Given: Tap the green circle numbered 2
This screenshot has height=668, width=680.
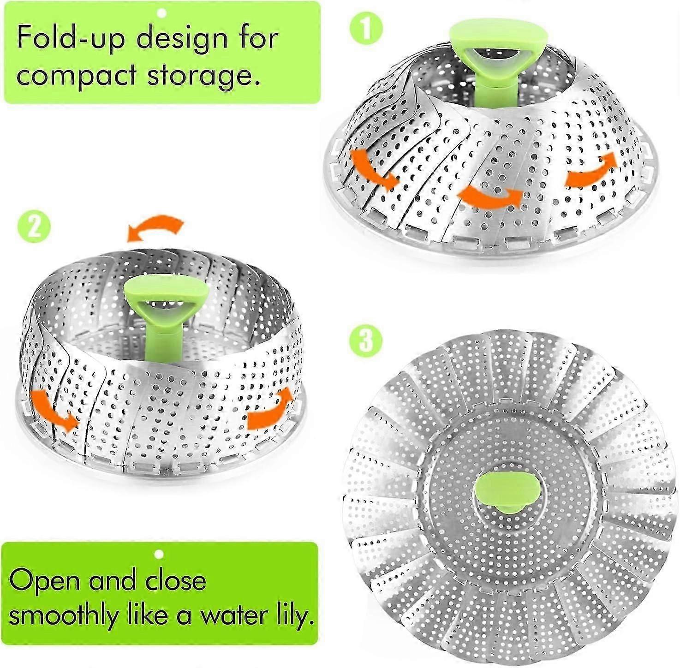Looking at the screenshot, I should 33,227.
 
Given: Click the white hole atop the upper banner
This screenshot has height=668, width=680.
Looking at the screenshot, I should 161,13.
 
